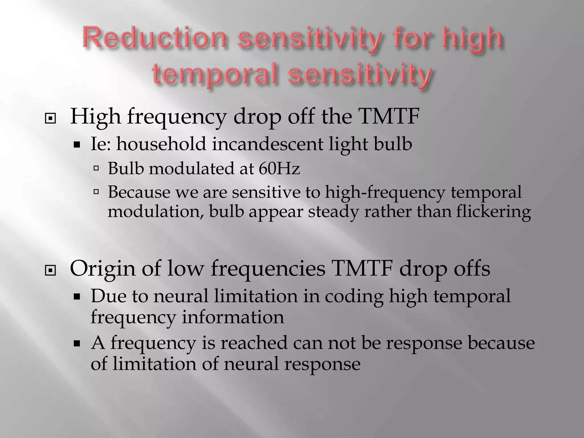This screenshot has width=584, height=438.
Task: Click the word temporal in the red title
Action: pos(217,74)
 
